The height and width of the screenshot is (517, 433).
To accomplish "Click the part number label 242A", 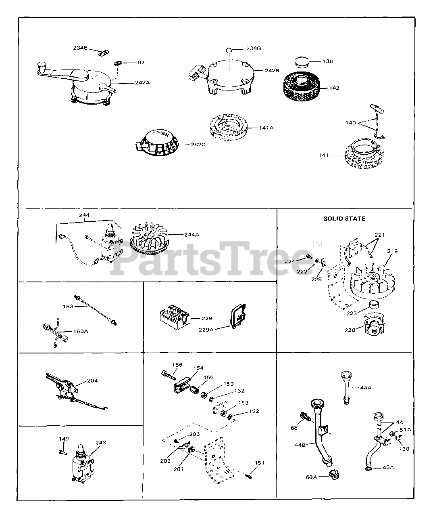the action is (142, 82).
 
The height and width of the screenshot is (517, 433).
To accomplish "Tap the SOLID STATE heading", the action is (344, 219).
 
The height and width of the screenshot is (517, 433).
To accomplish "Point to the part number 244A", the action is (192, 235).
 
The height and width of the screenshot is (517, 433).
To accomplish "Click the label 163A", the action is (80, 331).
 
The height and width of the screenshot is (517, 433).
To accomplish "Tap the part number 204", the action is (92, 380).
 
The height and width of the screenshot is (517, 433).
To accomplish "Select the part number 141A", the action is (266, 128).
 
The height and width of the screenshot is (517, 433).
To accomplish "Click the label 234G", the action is (254, 48).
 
